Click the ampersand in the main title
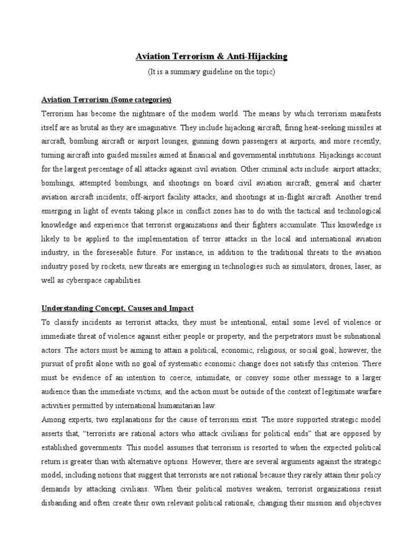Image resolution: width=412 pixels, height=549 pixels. tap(220, 56)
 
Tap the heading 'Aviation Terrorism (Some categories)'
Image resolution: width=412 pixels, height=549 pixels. tap(107, 100)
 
